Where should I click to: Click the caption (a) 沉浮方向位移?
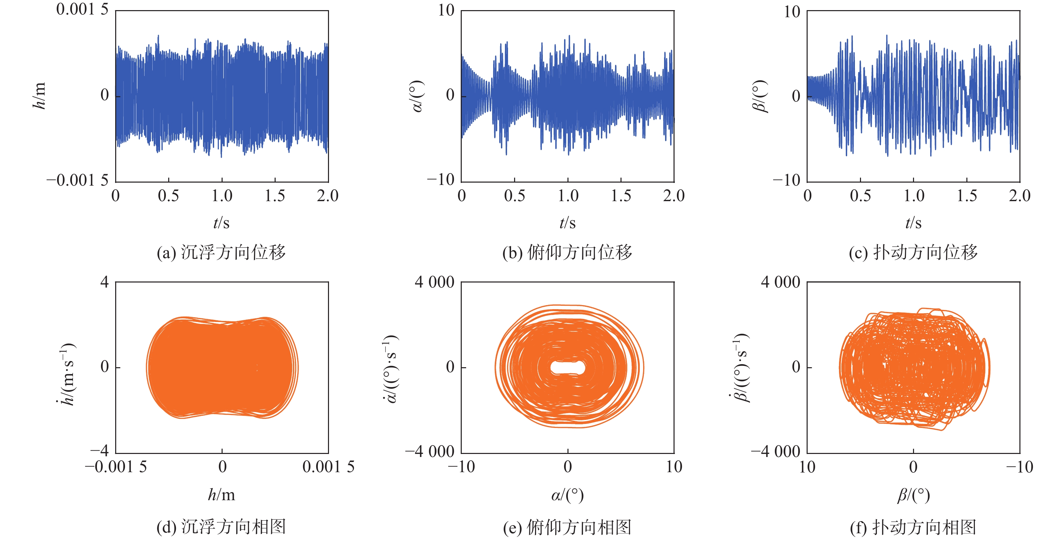[x=221, y=252]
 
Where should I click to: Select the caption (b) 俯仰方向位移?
[x=567, y=252]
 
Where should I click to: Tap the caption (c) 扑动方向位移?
[x=913, y=252]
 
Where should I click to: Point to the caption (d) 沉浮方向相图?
[x=221, y=527]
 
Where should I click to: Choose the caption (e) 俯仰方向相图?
[x=567, y=527]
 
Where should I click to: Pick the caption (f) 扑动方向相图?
[x=913, y=527]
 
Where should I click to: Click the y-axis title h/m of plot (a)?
[x=39, y=96]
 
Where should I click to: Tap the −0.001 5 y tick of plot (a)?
[x=77, y=180]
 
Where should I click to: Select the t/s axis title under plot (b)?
[x=567, y=223]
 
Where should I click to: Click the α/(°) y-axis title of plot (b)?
[x=417, y=96]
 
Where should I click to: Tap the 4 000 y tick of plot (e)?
[x=434, y=282]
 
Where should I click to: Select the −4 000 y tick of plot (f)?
[x=775, y=452]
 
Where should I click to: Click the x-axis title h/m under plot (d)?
[x=221, y=494]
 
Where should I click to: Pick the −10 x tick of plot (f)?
[x=1019, y=467]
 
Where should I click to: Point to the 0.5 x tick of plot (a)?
[x=169, y=196]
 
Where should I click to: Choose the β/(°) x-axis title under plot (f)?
[x=913, y=494]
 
